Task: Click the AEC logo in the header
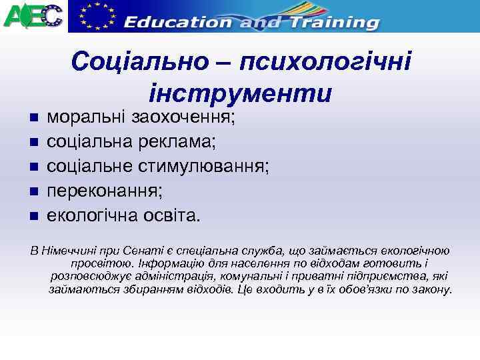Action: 33,15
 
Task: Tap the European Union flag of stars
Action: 95,15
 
